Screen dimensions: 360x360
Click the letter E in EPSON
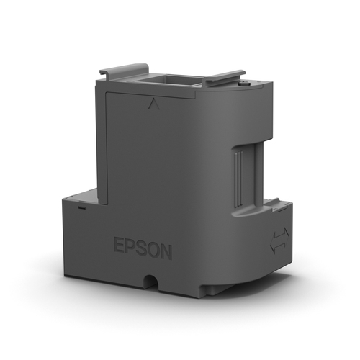click(x=119, y=247)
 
